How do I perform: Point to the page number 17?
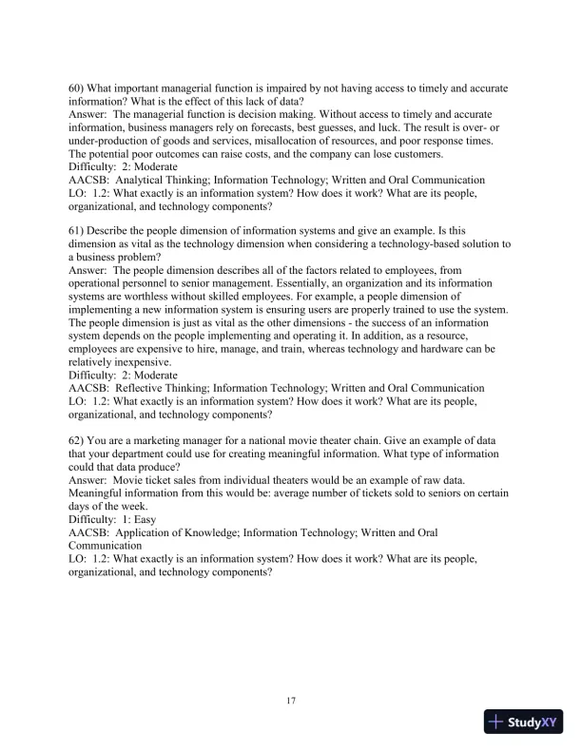coord(291,702)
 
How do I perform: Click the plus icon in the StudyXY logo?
coord(495,722)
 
